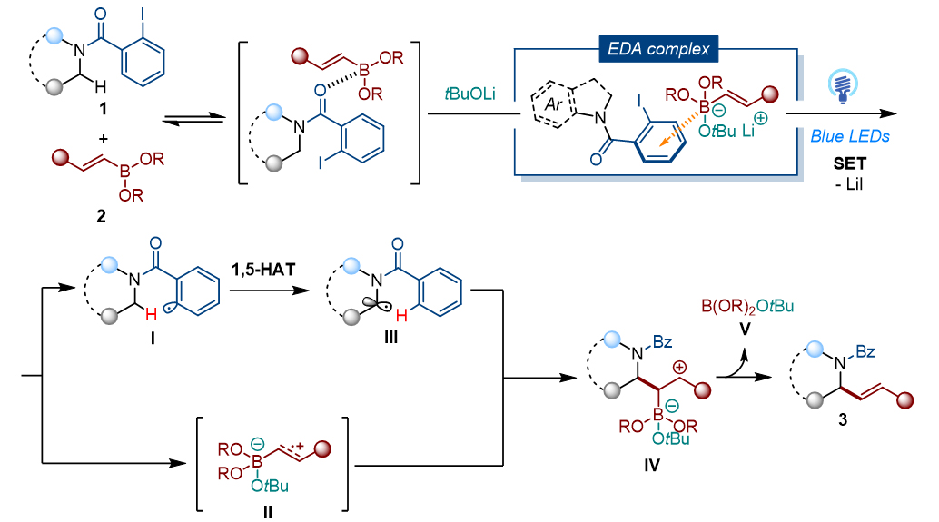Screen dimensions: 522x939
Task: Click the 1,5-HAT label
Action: coord(262,273)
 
